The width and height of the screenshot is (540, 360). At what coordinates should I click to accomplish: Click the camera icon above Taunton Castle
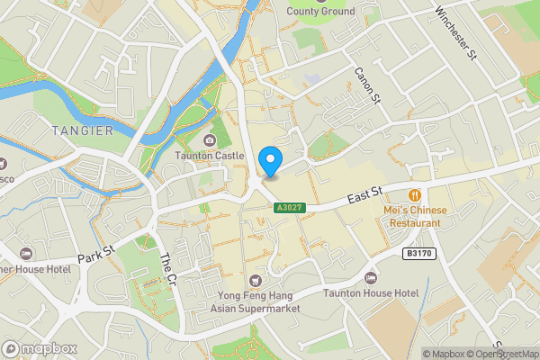(209, 139)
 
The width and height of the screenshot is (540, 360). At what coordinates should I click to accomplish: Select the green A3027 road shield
(290, 208)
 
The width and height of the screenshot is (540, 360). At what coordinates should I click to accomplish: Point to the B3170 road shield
(418, 254)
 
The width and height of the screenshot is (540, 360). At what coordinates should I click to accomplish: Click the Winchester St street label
(454, 32)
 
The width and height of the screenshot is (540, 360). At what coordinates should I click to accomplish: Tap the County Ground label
(320, 11)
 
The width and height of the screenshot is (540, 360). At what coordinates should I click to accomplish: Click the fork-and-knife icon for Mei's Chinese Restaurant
(415, 194)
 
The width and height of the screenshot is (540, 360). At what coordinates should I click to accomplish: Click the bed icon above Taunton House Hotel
(371, 277)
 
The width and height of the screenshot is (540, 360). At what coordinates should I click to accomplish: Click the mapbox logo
(39, 348)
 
